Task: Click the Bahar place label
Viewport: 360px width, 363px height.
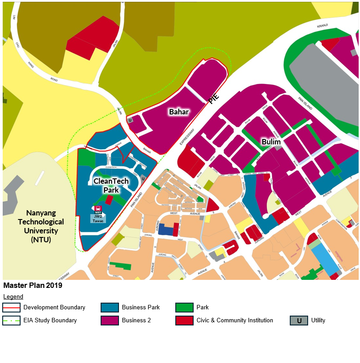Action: [178, 112]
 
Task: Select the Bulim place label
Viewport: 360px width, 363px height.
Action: [271, 142]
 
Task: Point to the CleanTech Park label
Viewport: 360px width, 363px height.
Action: [111, 186]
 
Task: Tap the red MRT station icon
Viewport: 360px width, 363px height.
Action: [98, 209]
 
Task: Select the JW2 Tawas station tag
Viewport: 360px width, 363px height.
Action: [98, 219]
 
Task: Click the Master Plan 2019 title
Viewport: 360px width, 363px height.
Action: [33, 285]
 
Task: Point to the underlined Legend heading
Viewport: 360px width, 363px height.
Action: [13, 296]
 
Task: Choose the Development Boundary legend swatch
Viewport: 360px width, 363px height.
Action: [11, 308]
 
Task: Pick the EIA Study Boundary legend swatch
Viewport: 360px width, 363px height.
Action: [11, 321]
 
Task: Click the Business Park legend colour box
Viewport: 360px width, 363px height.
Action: [110, 308]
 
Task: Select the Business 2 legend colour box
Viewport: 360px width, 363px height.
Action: [110, 321]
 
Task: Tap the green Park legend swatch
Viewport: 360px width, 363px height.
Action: [184, 308]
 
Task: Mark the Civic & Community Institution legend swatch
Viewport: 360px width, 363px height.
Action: [184, 321]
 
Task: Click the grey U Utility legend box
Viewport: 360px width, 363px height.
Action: [299, 321]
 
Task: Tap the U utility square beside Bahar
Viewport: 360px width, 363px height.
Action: [130, 120]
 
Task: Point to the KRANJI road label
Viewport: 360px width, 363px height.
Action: [323, 26]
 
